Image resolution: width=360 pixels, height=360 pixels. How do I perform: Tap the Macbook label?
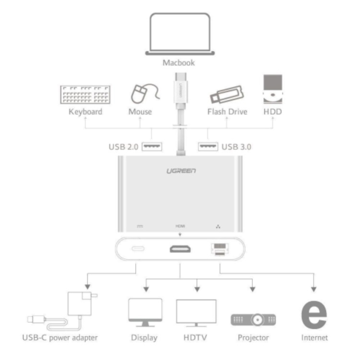180,63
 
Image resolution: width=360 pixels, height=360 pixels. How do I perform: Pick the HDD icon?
272,90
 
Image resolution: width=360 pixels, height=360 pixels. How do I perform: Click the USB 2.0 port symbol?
151,145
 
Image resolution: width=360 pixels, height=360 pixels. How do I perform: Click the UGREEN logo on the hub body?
180,171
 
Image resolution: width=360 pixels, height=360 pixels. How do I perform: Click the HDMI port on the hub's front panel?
180,250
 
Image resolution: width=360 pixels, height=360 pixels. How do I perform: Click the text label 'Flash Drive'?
227,112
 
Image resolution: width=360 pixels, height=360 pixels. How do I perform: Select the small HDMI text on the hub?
180,225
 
